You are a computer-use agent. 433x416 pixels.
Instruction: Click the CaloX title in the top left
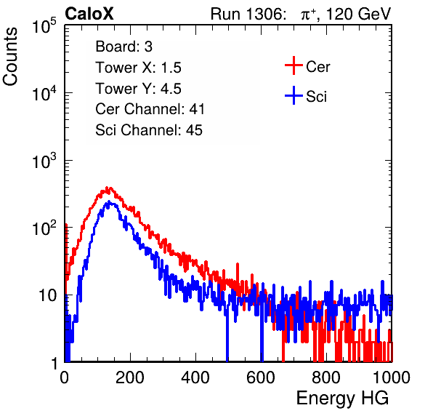pyautogui.click(x=89, y=14)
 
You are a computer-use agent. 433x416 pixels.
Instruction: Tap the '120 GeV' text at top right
pyautogui.click(x=358, y=14)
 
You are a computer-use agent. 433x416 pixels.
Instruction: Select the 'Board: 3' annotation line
pyautogui.click(x=124, y=47)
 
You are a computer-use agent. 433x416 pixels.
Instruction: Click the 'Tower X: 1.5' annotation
pyautogui.click(x=138, y=68)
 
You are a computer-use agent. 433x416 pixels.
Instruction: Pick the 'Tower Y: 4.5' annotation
pyautogui.click(x=138, y=89)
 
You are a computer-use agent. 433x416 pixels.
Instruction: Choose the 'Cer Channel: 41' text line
pyautogui.click(x=150, y=109)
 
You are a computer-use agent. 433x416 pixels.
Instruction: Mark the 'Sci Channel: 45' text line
pyautogui.click(x=148, y=130)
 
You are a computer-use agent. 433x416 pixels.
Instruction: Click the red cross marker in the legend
pyautogui.click(x=294, y=65)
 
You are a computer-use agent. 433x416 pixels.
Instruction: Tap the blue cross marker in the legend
pyautogui.click(x=294, y=95)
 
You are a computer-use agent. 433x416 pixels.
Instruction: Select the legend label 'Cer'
pyautogui.click(x=317, y=67)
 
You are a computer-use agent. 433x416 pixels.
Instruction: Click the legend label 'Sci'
pyautogui.click(x=316, y=97)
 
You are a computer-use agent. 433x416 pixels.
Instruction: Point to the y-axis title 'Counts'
pyautogui.click(x=10, y=57)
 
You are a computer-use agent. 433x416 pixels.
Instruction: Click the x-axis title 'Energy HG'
pyautogui.click(x=342, y=399)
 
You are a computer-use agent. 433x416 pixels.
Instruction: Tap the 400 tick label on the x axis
pyautogui.click(x=195, y=377)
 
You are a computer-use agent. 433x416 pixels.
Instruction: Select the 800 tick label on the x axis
pyautogui.click(x=326, y=377)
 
